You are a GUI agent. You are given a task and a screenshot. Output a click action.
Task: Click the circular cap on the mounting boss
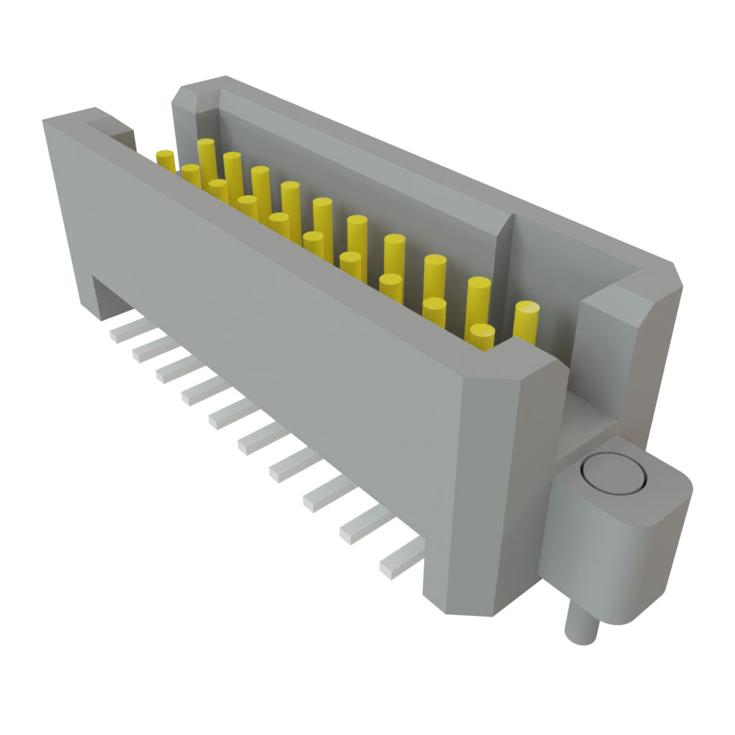point(614,474)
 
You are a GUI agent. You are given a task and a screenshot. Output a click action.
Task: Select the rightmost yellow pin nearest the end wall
point(526,321)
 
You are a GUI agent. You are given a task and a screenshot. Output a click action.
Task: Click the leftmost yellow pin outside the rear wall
point(166,159)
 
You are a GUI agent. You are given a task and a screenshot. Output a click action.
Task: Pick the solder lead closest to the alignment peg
point(400,560)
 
